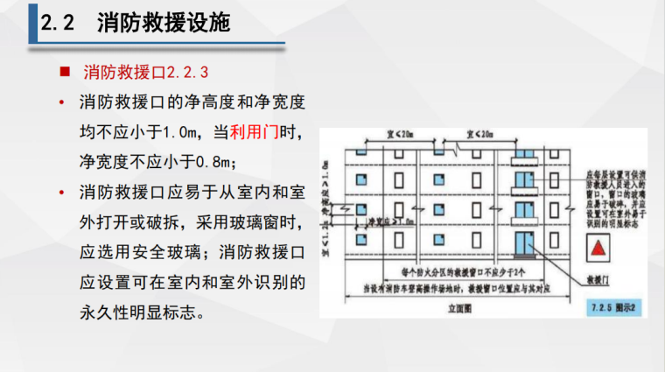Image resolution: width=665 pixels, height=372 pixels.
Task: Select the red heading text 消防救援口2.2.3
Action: [146, 71]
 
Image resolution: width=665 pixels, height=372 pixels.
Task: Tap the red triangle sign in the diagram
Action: [600, 248]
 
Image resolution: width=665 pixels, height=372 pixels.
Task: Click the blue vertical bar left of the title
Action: [32, 23]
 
